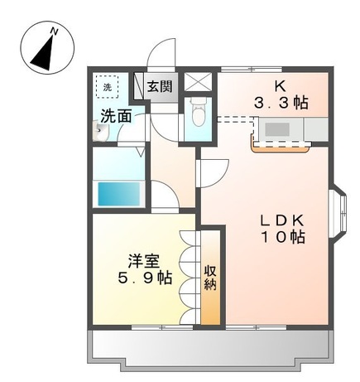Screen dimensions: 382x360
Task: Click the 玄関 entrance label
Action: [160, 86]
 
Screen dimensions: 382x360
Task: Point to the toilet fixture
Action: [195, 109]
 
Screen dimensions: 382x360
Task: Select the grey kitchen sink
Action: [276, 129]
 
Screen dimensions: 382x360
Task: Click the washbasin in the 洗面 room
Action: [97, 133]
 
